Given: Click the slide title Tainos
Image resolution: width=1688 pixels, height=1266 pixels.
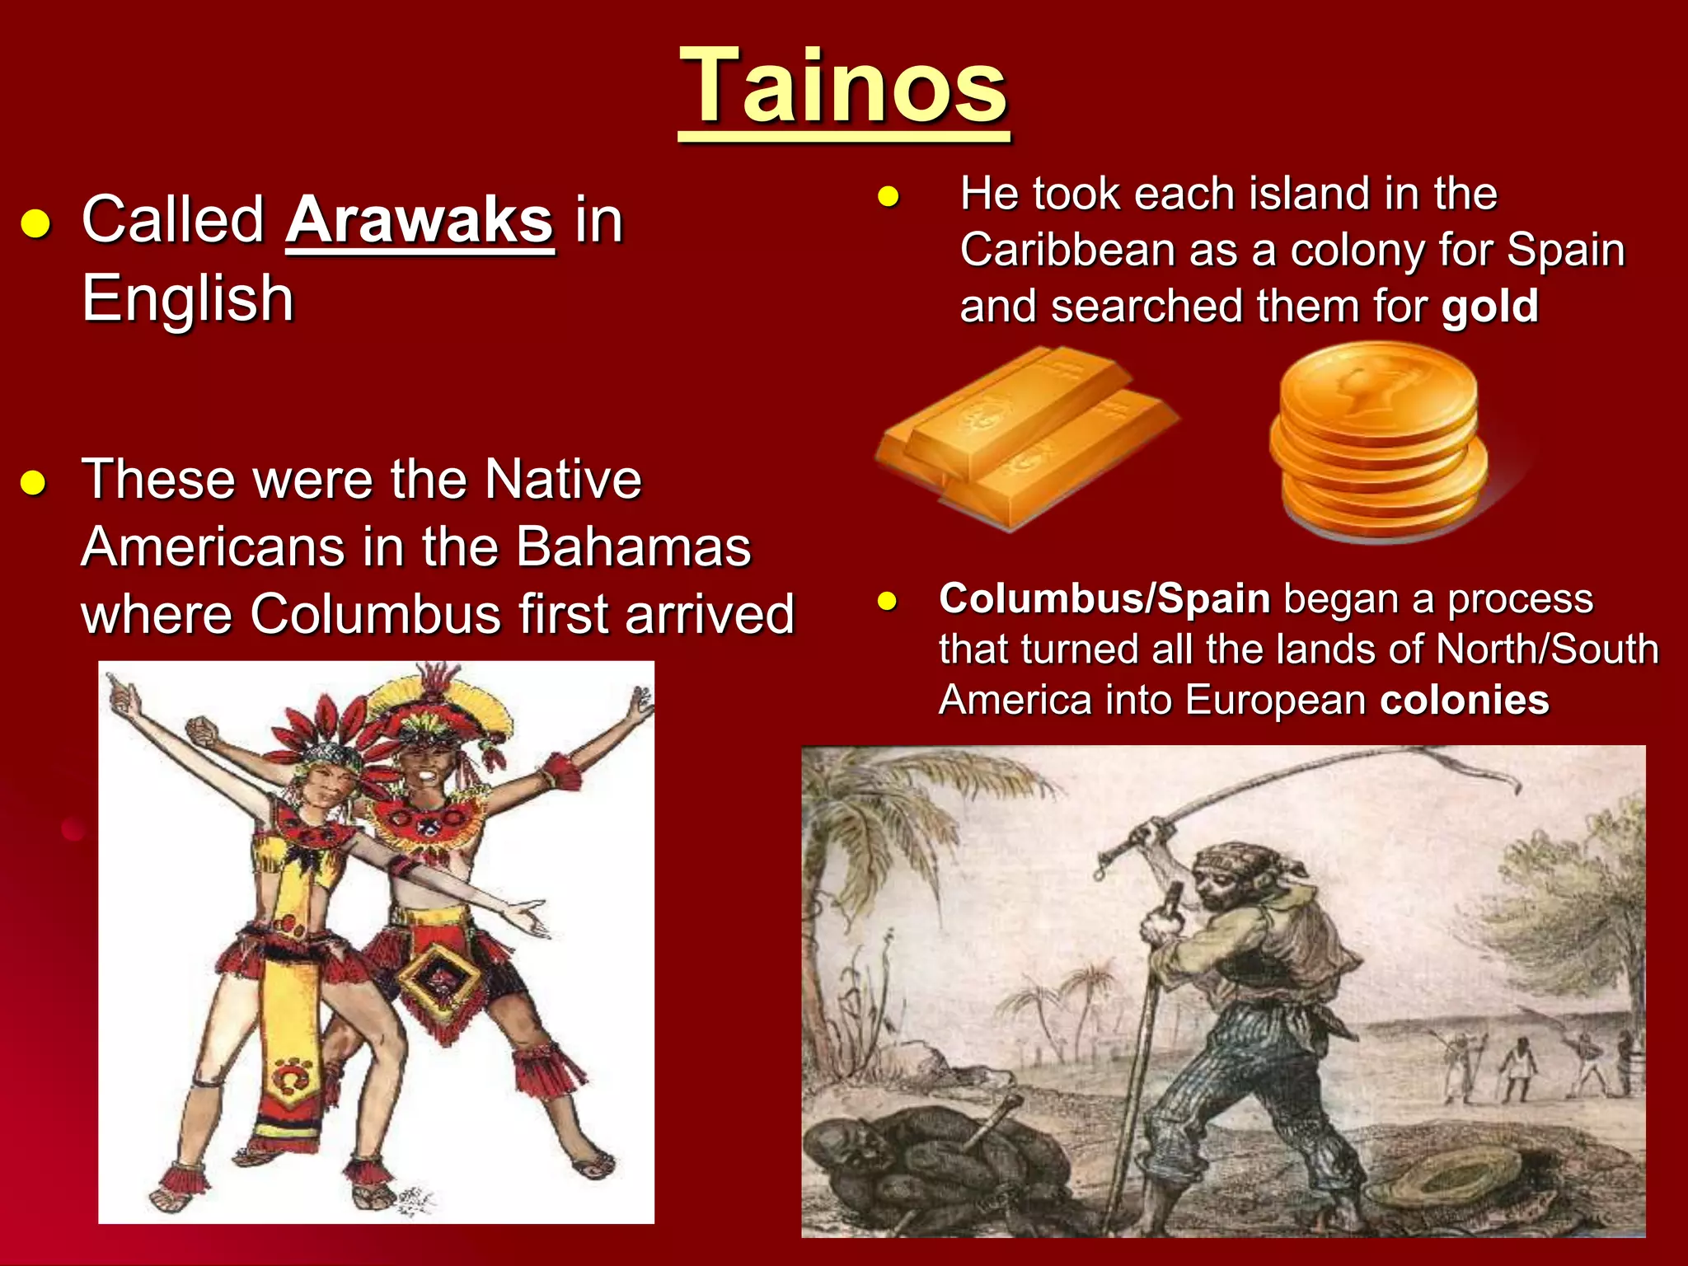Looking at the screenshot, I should click(x=843, y=87).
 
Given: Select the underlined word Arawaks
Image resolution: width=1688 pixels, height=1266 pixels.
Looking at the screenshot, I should click(x=420, y=221).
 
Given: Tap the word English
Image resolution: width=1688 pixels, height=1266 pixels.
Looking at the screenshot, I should click(x=188, y=298).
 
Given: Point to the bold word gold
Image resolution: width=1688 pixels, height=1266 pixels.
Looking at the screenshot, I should click(x=1489, y=307).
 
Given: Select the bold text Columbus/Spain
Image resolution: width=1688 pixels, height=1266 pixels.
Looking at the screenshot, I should click(x=1104, y=599).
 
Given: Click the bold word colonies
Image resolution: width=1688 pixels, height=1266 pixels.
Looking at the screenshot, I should click(x=1465, y=701).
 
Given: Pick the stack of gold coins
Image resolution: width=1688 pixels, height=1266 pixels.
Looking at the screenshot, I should click(x=1378, y=443).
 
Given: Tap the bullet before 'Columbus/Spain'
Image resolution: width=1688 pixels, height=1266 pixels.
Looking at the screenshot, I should click(x=887, y=601).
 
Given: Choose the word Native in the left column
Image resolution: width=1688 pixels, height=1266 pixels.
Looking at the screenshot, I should click(x=563, y=480).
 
